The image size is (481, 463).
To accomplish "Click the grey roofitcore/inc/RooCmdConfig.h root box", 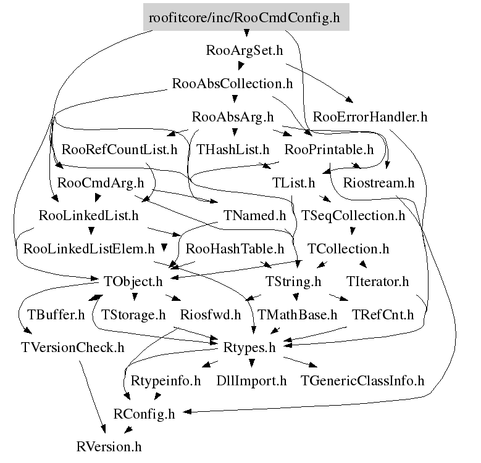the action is [246, 17].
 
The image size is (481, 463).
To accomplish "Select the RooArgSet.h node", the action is [245, 50].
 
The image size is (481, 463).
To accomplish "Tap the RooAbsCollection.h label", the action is [232, 84].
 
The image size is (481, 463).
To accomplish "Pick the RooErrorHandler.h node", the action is [370, 117].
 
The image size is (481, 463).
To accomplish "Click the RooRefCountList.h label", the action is [119, 150].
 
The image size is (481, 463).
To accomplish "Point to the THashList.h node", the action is [233, 150].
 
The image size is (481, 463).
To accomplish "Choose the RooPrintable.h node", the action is [329, 150].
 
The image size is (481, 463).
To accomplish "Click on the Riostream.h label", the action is [379, 183].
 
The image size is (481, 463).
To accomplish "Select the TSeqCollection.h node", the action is [353, 216].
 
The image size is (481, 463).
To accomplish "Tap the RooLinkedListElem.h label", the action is [89, 248].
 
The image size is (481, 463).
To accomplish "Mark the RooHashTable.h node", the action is [235, 248].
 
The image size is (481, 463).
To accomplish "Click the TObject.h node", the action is [133, 282].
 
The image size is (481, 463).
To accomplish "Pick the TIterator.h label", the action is [378, 282].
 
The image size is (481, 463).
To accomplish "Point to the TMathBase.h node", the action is [297, 315].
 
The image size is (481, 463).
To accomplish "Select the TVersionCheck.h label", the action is [73, 348].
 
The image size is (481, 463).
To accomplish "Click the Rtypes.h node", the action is [249, 348].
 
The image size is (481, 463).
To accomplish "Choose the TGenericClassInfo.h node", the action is [362, 381].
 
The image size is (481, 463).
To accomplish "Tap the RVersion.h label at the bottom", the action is [109, 447].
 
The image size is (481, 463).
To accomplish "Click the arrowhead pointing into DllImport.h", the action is [251, 364].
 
